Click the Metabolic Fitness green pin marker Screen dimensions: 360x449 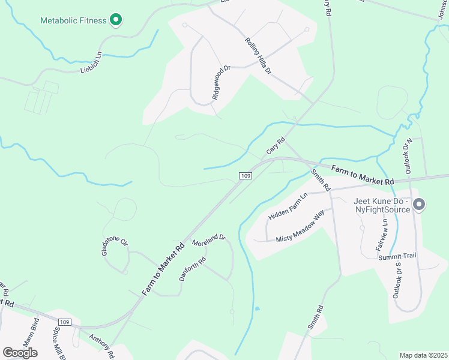coord(116,20)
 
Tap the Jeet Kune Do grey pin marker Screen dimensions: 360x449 coord(419,205)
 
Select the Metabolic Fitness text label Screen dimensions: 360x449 coord(73,20)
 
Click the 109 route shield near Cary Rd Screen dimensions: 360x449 coord(244,175)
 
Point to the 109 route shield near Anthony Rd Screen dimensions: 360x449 coord(66,322)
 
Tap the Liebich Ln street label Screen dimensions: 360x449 coord(91,63)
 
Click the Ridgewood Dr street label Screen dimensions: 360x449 coord(221,83)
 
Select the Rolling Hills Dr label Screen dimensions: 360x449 coord(259,56)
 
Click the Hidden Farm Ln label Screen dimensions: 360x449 coord(288,206)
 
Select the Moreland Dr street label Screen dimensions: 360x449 coord(208,241)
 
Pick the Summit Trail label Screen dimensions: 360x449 coord(397,256)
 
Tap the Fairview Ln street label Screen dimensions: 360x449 coord(380,235)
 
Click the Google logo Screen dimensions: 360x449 coord(20,353)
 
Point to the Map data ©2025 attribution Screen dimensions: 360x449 coord(423,355)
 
